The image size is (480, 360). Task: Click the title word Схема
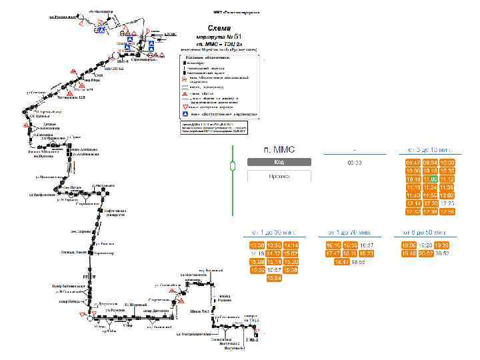coord(219,28)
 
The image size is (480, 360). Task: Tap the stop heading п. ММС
coord(279,148)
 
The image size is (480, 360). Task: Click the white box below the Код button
coord(279,175)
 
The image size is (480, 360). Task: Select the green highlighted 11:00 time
coord(430,179)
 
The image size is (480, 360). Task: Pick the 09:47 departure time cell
coord(413,163)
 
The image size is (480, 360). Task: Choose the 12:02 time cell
coord(447,195)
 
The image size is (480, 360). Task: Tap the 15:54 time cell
coord(274,279)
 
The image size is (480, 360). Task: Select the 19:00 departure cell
coord(408,245)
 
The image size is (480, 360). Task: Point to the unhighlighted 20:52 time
coord(441,253)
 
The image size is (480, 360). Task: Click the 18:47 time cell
coord(342,262)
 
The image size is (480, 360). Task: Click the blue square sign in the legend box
coord(187,114)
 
